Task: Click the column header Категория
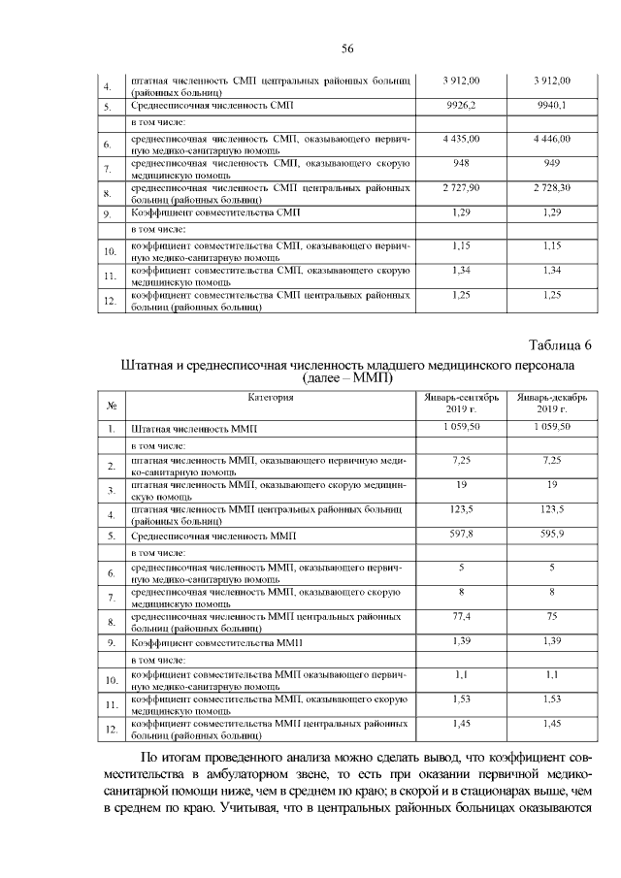270,397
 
